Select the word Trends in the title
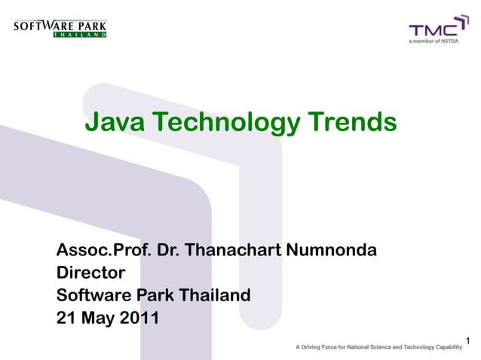(351, 121)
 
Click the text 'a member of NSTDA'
(433, 42)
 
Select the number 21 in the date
(66, 318)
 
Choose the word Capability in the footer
(446, 347)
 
